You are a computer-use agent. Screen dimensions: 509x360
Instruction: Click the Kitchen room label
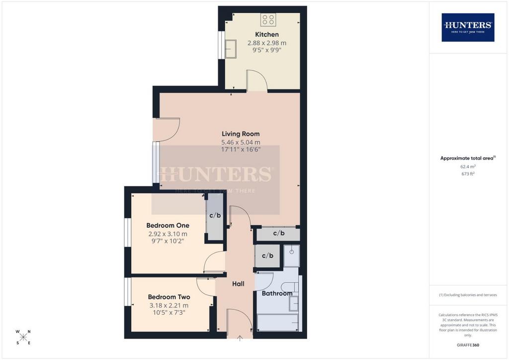[267, 34]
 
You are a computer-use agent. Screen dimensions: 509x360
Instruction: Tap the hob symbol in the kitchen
[268, 19]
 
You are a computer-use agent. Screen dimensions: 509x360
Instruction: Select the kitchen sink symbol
[231, 49]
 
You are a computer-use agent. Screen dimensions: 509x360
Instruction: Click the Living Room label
[241, 134]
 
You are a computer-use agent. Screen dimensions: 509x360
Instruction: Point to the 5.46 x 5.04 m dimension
[241, 142]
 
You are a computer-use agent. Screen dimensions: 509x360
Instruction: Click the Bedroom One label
[168, 225]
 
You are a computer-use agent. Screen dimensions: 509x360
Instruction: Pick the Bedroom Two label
[169, 297]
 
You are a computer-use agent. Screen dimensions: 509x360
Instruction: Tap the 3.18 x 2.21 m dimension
[169, 305]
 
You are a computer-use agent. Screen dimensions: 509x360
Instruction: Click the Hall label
[238, 284]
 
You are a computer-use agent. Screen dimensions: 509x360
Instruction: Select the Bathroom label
[277, 293]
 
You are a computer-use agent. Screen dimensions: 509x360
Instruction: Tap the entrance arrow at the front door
[240, 338]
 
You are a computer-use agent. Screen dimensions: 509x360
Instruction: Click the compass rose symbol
[23, 337]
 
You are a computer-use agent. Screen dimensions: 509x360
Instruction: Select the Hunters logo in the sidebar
[468, 27]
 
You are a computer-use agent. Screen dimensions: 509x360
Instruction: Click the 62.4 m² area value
[468, 167]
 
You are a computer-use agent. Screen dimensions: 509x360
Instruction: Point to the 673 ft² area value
[468, 174]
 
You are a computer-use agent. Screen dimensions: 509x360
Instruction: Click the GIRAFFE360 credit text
[468, 345]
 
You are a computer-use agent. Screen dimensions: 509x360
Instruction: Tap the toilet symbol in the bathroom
[290, 287]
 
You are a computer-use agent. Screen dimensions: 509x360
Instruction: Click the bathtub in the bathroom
[278, 323]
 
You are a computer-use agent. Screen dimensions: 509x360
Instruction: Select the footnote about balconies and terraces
[468, 295]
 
